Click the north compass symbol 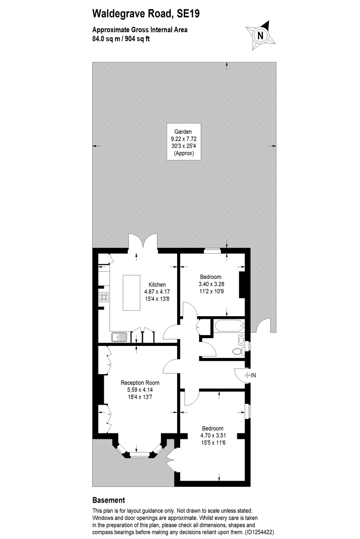259,35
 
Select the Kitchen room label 157,284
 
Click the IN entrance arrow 250,375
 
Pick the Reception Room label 140,383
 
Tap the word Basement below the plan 108,500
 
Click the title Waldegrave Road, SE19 146,14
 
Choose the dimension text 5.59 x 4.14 140,390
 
